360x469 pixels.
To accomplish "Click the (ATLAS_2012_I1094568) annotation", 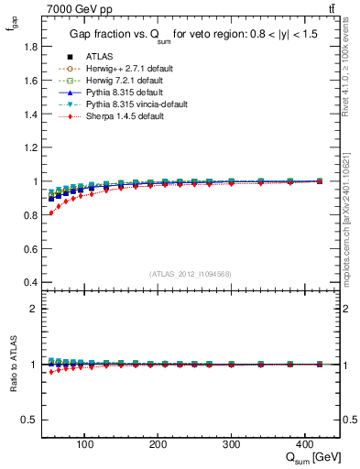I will pos(191,273).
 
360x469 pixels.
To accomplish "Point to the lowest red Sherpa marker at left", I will pos(50,213).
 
